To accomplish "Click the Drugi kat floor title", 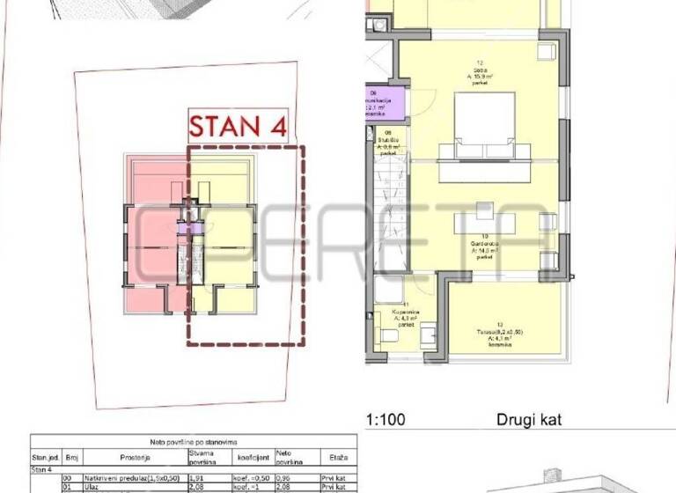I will point(527,421).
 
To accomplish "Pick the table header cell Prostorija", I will point(136,458).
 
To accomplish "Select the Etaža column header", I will point(338,458).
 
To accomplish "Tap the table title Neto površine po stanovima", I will point(193,440).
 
